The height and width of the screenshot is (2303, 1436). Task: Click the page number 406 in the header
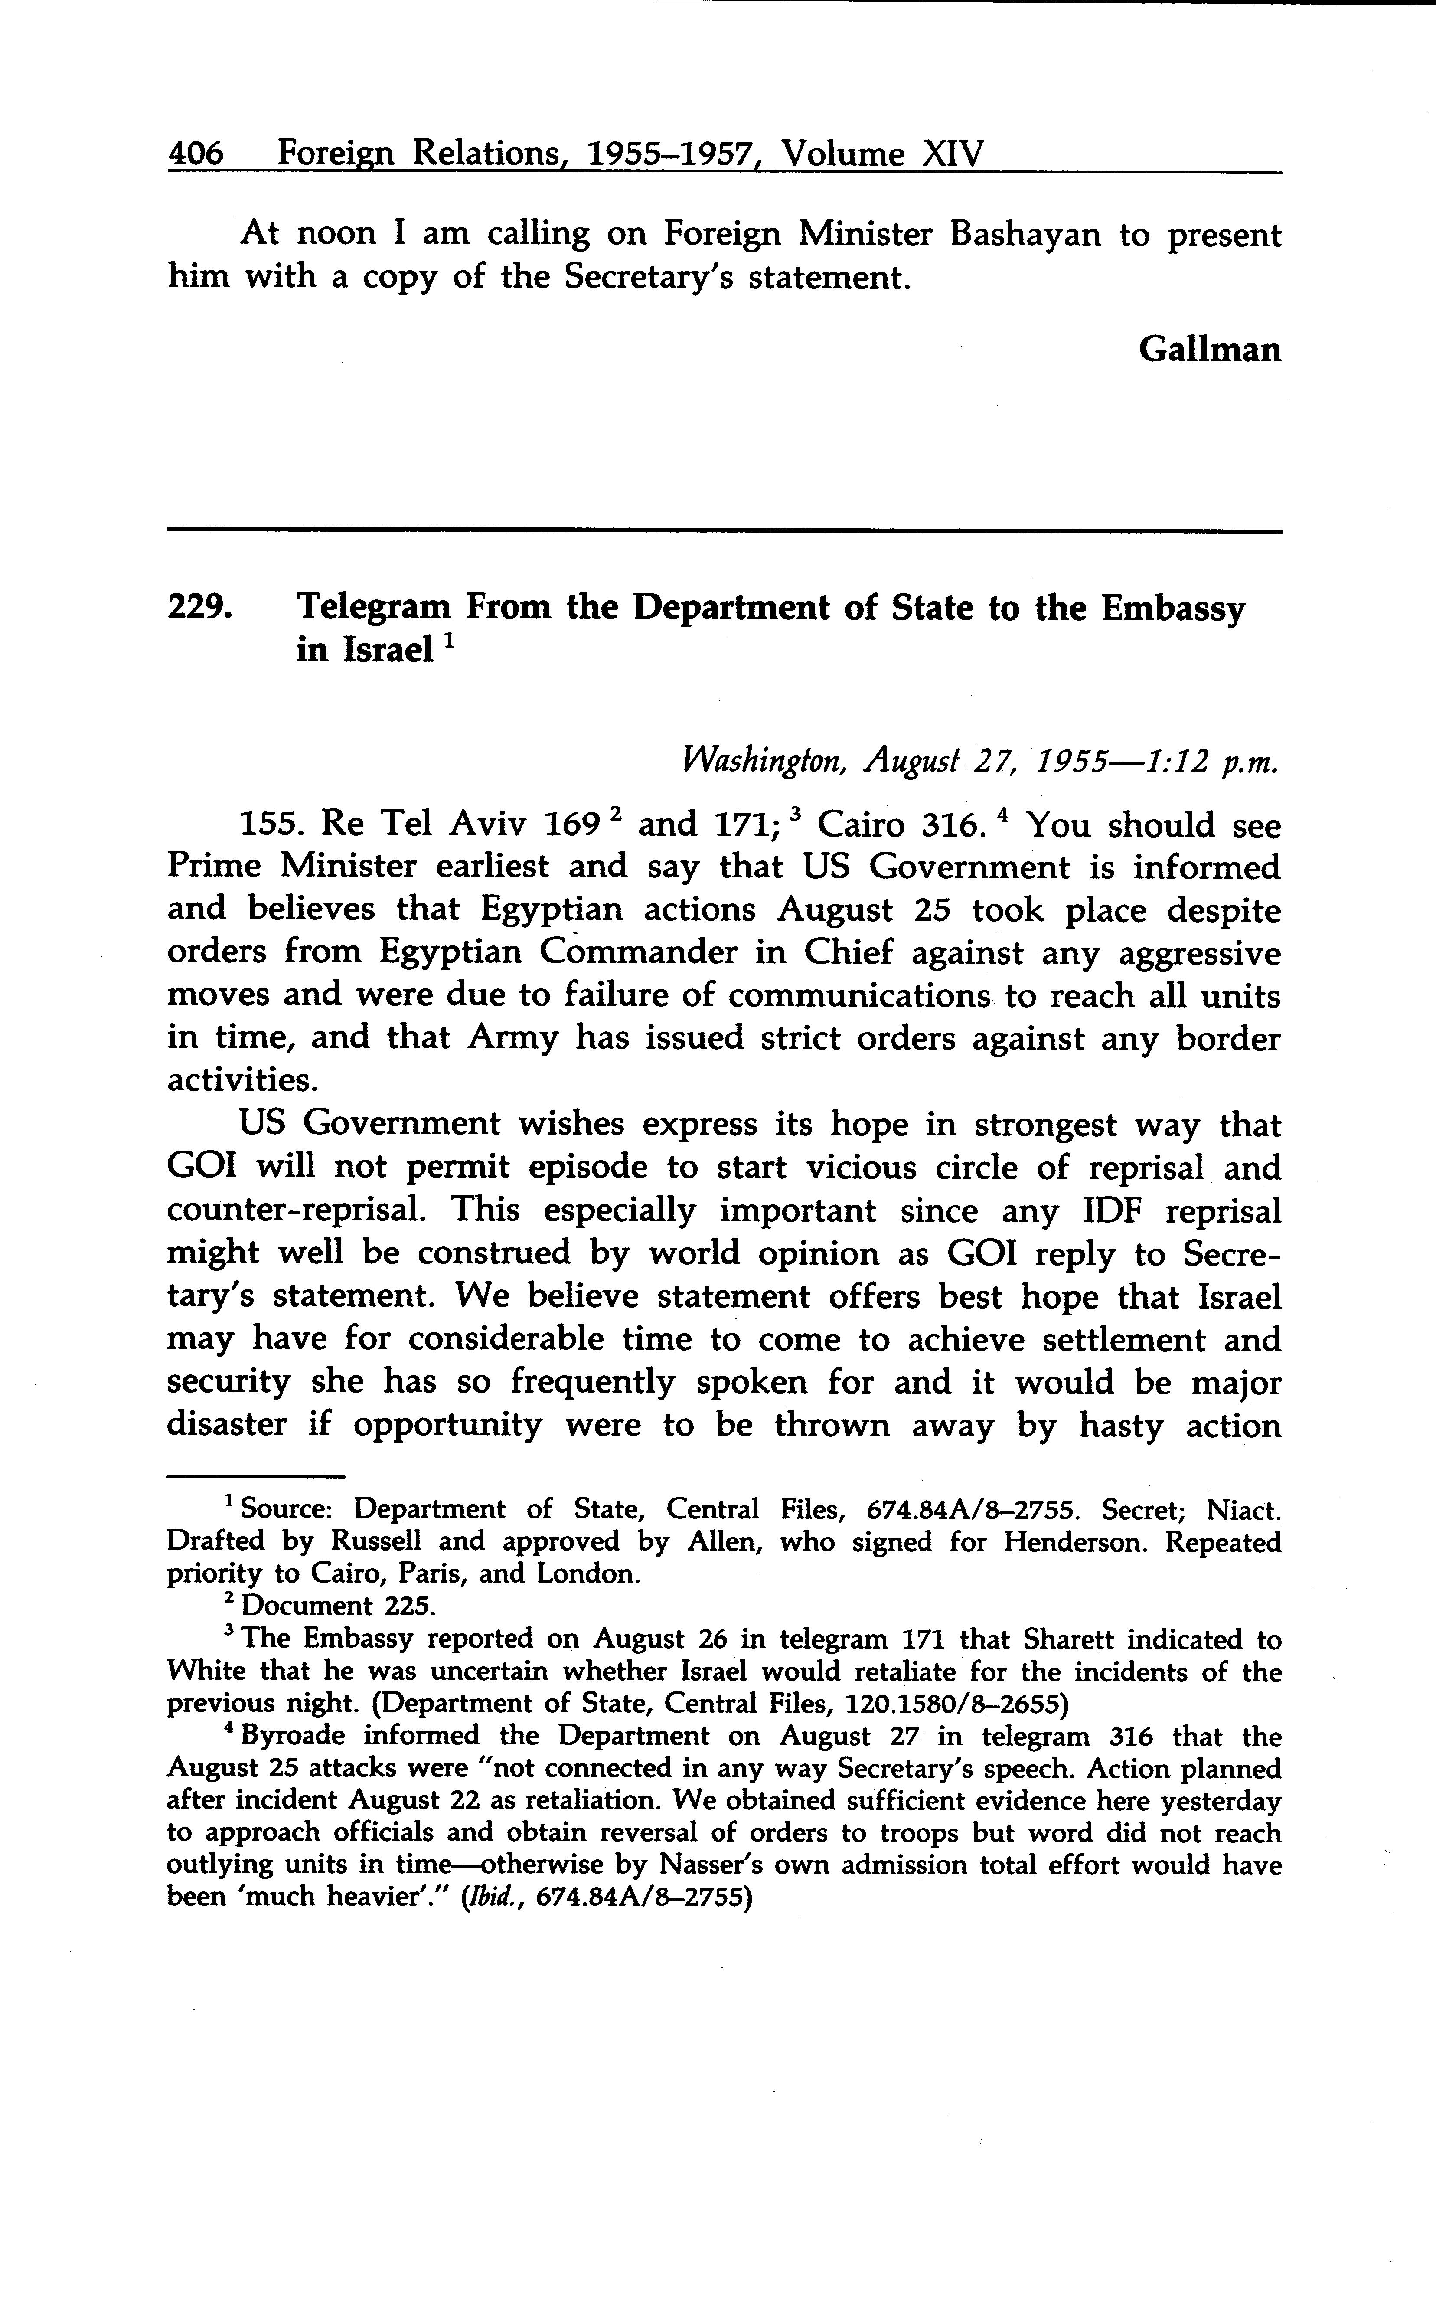(x=196, y=154)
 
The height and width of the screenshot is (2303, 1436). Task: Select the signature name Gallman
(x=1209, y=350)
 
